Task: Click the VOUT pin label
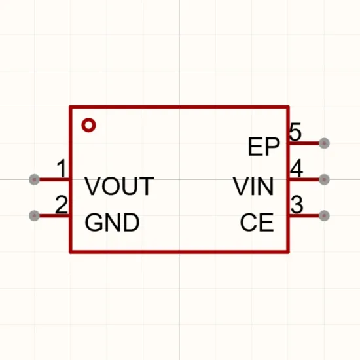tap(119, 186)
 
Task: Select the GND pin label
tap(112, 223)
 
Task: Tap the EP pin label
tap(264, 147)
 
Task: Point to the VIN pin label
tap(253, 186)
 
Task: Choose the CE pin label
tap(257, 223)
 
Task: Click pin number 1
tap(62, 168)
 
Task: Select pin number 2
tap(62, 204)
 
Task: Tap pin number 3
tap(297, 204)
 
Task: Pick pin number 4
tap(297, 168)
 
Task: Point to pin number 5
tap(295, 132)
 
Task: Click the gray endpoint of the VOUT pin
tap(35, 179)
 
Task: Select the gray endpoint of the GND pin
tap(35, 216)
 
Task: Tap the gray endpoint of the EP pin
tap(324, 143)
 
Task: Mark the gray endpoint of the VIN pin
tap(324, 179)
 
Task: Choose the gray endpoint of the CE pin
tap(324, 216)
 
